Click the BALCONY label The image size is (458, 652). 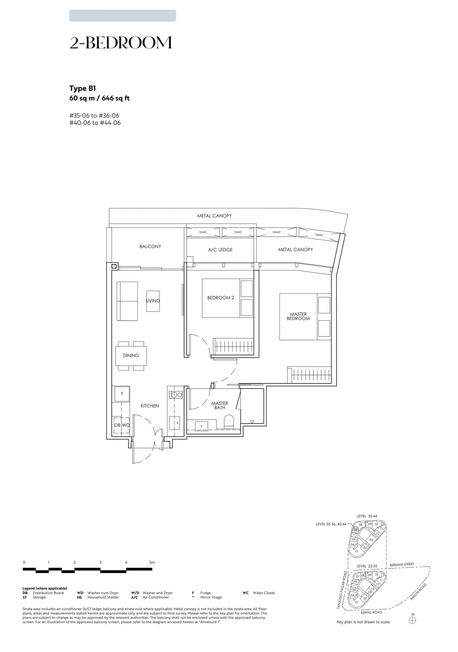pos(150,247)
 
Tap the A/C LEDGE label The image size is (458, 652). pos(220,250)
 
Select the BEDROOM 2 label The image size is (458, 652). pos(220,298)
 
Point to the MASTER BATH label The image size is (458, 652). pos(220,405)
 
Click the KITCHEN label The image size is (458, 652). pos(150,406)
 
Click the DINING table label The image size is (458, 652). pos(131,355)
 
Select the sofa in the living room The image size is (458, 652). pos(127,301)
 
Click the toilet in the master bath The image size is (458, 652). pos(229,422)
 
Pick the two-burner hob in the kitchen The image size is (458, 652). pos(176,394)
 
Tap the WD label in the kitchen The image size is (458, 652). pos(125,425)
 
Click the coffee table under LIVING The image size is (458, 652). pos(153,301)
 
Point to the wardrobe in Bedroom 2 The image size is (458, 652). pos(233,347)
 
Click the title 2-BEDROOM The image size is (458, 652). pos(121,43)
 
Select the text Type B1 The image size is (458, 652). pos(82,89)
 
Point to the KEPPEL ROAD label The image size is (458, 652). pos(371,612)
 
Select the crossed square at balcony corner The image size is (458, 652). pos(114,266)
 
